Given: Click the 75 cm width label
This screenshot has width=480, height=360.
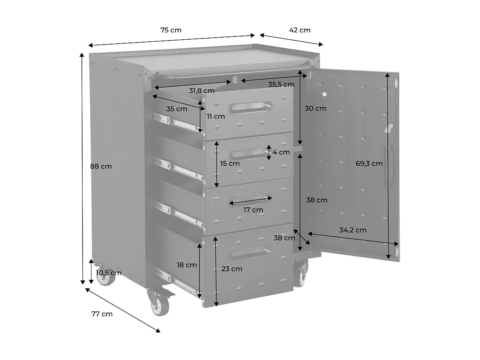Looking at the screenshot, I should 171,30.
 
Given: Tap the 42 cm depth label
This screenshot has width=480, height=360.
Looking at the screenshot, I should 299,30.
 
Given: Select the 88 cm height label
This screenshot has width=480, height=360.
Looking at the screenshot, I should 101,166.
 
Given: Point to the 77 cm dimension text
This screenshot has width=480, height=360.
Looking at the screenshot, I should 102,314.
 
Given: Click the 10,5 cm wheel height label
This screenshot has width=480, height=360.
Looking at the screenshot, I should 108,273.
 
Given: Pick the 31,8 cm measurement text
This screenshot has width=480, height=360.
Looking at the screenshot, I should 202,91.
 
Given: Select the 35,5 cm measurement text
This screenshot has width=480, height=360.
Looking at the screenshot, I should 281,85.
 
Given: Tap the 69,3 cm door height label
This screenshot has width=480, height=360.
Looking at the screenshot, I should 369,164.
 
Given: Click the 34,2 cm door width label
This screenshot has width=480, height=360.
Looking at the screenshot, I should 353,230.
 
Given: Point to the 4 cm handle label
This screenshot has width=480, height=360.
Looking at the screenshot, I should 281,152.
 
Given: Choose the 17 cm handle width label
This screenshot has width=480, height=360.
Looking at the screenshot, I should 253,210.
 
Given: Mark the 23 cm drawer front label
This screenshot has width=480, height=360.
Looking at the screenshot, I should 232,268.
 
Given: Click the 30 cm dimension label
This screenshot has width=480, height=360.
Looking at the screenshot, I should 315,109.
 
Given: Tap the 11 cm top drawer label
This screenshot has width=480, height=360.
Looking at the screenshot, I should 215,117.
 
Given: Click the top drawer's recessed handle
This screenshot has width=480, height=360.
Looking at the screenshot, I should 250,108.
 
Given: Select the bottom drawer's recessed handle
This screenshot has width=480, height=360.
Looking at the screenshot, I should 250,253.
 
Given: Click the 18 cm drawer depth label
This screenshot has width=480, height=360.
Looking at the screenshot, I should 187,265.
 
